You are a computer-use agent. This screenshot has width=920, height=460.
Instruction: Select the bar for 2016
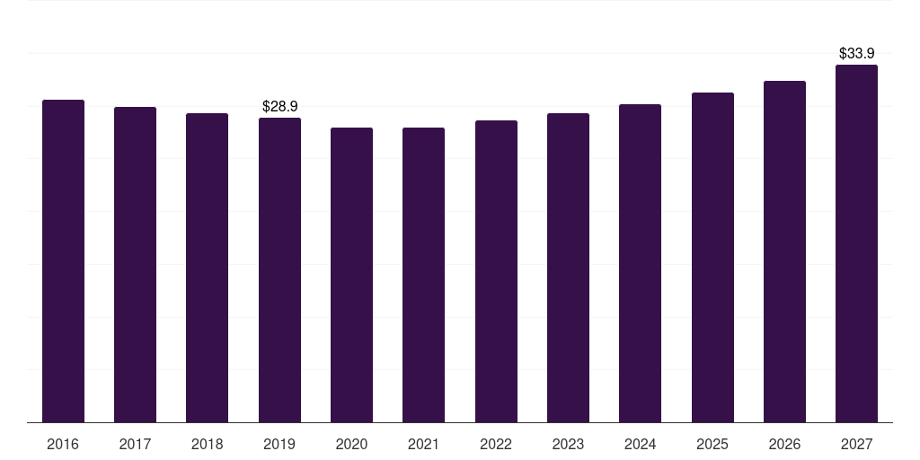click(64, 261)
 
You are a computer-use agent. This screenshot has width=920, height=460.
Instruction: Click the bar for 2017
click(135, 265)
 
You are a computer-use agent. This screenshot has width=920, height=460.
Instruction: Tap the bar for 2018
click(208, 268)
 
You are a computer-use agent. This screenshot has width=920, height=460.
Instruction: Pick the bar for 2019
click(280, 270)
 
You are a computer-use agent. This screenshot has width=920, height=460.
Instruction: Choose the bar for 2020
click(351, 275)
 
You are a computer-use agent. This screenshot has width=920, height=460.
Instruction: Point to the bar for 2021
click(424, 275)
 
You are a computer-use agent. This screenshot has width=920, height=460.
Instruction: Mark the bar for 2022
click(496, 271)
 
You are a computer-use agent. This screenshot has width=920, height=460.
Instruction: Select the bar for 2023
click(568, 268)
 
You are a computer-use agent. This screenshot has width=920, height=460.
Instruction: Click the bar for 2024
click(640, 263)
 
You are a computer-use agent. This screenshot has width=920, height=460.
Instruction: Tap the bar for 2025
click(712, 258)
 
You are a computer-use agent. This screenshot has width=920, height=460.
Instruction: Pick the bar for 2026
click(784, 252)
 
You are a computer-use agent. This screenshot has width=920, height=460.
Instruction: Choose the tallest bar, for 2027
click(856, 243)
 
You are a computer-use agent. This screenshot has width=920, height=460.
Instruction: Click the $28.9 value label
click(280, 106)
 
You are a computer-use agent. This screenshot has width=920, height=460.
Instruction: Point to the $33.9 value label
click(856, 53)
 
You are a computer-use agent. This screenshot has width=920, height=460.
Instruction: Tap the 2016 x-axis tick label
click(63, 444)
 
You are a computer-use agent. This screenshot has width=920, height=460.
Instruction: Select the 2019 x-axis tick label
click(279, 444)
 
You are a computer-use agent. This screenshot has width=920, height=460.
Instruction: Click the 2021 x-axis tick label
click(424, 444)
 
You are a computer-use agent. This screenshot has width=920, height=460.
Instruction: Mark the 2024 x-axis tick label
click(640, 444)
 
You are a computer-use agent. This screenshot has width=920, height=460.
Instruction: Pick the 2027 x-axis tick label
click(856, 444)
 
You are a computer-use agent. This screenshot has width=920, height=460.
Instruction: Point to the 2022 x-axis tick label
click(496, 444)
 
